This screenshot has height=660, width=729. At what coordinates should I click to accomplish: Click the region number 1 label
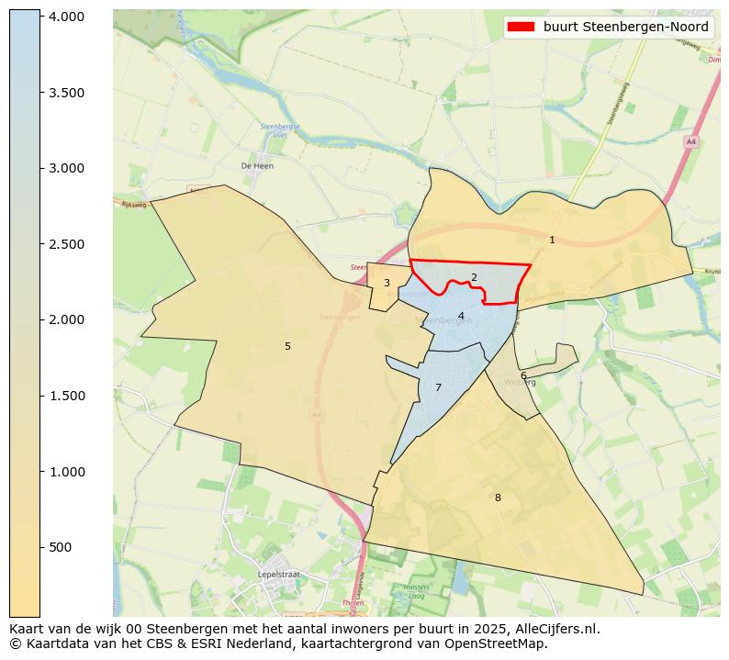pos(552,240)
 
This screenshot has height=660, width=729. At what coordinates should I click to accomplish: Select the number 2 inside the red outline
pos(474,277)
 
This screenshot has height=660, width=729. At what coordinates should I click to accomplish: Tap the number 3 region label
pos(387,283)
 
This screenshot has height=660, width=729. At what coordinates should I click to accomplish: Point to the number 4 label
pos(461,316)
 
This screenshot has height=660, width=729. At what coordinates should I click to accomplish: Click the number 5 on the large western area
pos(287,346)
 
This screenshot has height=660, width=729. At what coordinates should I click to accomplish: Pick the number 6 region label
pos(523,375)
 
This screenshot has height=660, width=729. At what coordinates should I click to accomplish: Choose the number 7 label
pos(438,387)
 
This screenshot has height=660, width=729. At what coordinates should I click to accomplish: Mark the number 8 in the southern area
pos(498,498)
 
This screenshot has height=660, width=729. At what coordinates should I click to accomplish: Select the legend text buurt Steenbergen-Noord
pos(625,27)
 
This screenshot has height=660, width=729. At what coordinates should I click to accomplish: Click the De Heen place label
pos(257,166)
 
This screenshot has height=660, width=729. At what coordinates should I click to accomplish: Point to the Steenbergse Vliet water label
pos(275,129)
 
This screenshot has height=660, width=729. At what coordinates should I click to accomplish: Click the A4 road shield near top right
pos(690,141)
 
